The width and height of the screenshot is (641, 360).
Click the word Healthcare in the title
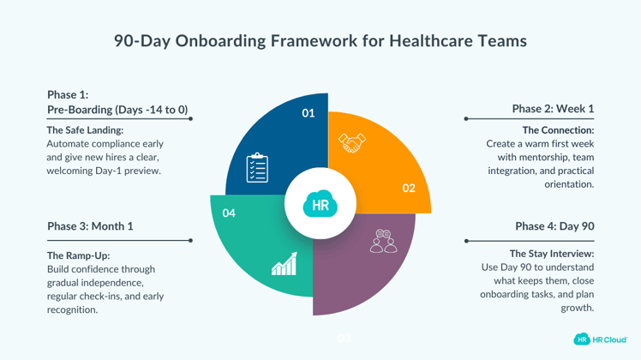pos(432,40)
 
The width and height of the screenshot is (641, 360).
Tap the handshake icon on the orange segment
pos(351,142)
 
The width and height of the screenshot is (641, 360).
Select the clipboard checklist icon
pos(257,167)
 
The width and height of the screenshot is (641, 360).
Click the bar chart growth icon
pos(284,265)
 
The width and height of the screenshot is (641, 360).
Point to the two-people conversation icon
pos(383,241)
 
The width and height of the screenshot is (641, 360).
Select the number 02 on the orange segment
pos(409,188)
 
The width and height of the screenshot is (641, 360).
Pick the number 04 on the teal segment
pos(229,213)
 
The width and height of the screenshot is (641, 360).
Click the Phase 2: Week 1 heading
pos(553,109)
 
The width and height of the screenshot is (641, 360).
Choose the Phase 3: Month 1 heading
pos(90,226)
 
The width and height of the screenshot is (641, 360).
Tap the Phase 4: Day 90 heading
pos(554,226)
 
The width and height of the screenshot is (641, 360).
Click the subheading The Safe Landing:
pos(83,130)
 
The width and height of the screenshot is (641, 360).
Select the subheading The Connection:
pos(558,130)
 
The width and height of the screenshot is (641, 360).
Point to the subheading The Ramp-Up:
pos(78,255)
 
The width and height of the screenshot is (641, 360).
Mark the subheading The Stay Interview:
pos(552,254)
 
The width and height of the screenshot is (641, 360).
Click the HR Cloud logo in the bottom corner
pos(601,339)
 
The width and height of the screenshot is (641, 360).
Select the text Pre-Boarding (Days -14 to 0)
pos(117,110)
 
